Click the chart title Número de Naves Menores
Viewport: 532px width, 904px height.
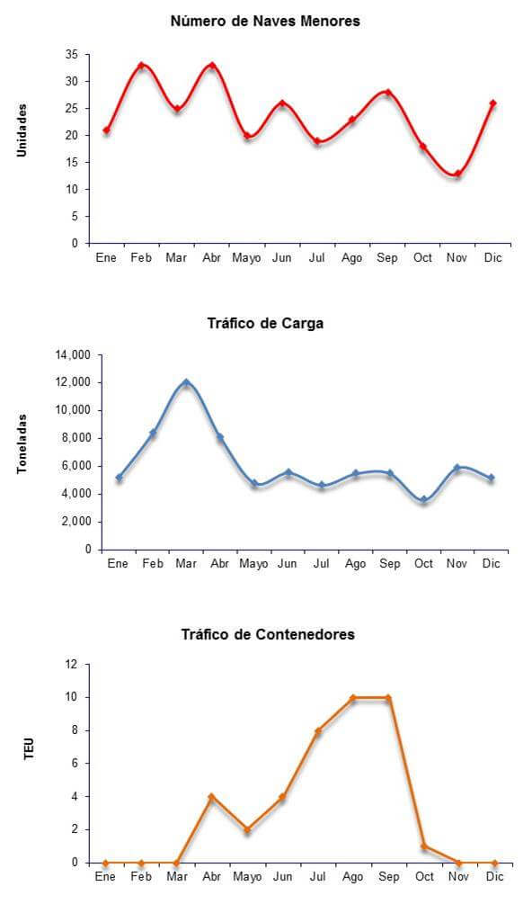(x=265, y=22)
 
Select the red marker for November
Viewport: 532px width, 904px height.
(x=457, y=174)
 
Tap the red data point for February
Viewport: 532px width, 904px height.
(x=141, y=66)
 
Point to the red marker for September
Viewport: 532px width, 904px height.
(x=388, y=93)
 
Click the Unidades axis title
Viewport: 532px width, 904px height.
(x=22, y=130)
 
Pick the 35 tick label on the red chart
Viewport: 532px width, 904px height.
(x=72, y=55)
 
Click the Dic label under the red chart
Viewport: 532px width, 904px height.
(x=492, y=258)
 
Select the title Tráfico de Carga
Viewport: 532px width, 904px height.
(x=265, y=324)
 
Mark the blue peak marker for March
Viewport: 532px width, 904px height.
(x=186, y=382)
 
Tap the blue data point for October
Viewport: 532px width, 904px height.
(x=424, y=500)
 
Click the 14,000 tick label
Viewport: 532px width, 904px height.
(x=73, y=355)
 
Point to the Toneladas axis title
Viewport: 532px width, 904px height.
(x=22, y=444)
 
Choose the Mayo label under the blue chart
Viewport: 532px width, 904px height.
(x=254, y=564)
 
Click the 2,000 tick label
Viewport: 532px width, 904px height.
(x=76, y=522)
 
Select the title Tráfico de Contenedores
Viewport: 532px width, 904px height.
(x=268, y=635)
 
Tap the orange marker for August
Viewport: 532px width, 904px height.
(x=353, y=698)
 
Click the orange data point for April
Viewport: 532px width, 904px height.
(x=211, y=797)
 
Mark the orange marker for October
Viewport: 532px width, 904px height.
(x=424, y=846)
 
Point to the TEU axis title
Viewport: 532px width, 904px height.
(x=30, y=748)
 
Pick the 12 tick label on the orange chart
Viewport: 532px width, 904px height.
(x=71, y=665)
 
